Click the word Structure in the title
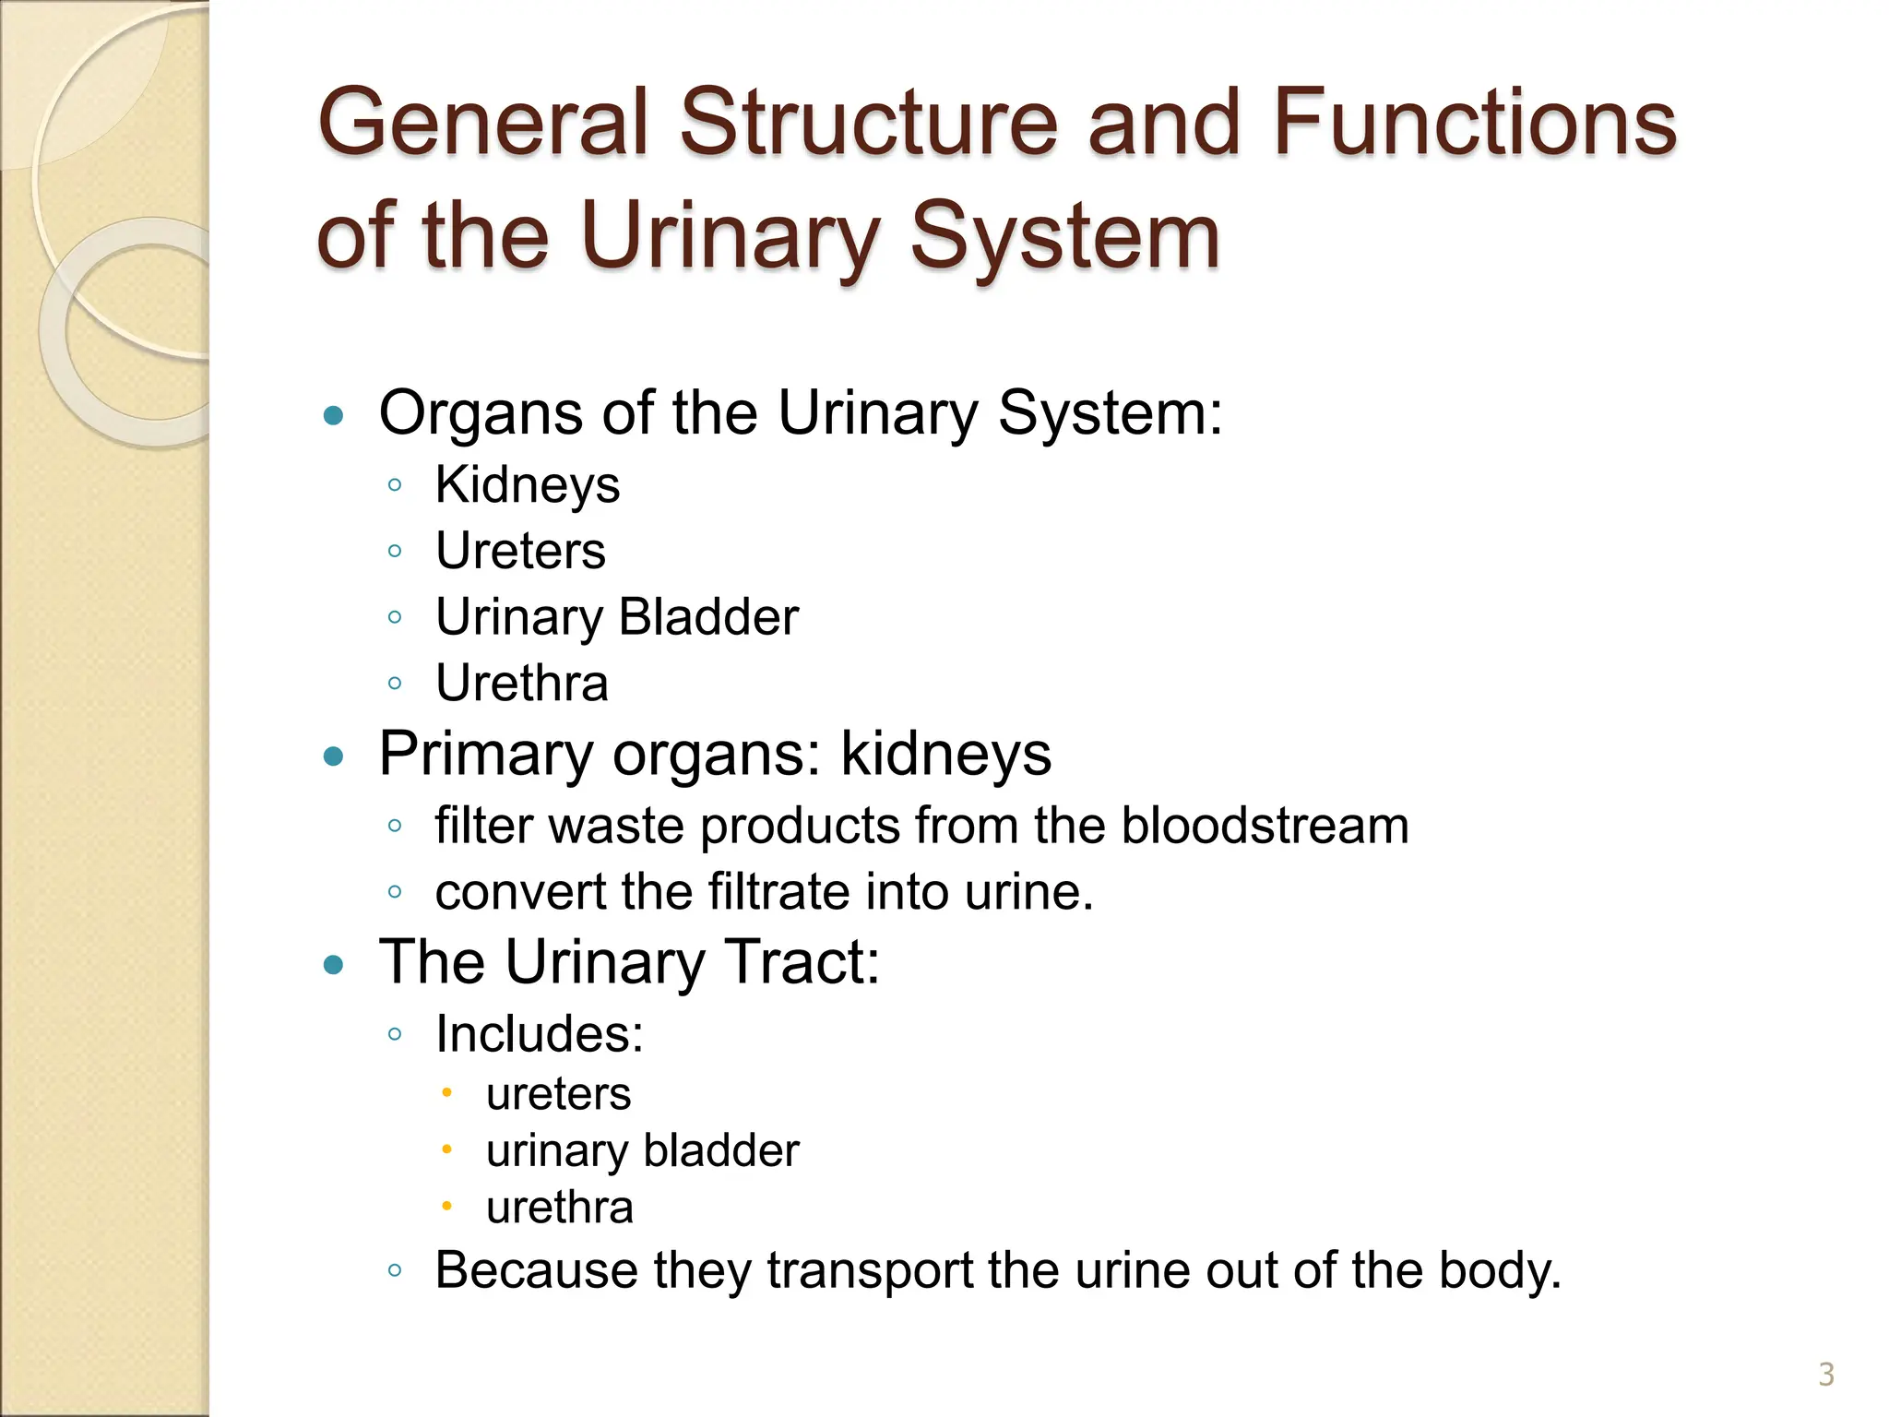click(868, 122)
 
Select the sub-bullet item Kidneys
click(527, 485)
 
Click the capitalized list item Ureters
click(520, 551)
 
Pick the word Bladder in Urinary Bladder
click(708, 617)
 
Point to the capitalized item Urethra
click(521, 684)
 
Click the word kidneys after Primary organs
click(945, 755)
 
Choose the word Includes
click(539, 1033)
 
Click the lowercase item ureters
click(558, 1094)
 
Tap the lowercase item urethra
click(559, 1208)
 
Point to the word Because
click(536, 1270)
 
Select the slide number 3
click(1825, 1375)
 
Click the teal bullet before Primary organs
click(334, 757)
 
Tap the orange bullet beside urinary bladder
click(446, 1149)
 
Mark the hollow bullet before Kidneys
click(395, 485)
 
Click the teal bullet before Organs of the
click(334, 415)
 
